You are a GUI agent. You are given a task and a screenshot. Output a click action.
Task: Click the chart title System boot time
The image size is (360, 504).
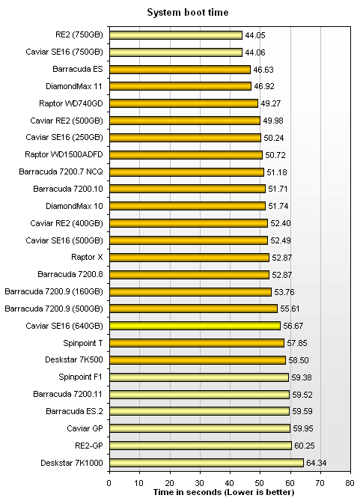click(x=188, y=13)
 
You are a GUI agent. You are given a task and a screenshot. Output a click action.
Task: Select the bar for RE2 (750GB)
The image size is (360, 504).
click(x=176, y=35)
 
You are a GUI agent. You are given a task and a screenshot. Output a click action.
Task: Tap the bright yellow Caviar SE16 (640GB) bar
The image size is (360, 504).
click(x=195, y=326)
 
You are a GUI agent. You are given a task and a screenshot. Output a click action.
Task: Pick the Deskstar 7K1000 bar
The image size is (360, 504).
click(x=207, y=463)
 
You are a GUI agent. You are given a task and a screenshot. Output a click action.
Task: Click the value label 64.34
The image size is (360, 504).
click(x=316, y=463)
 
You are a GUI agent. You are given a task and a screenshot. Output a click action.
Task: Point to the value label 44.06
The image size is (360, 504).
click(x=255, y=52)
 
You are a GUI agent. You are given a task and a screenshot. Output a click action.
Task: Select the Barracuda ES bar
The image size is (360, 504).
click(x=180, y=70)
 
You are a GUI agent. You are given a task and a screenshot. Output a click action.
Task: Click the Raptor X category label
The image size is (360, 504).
click(x=87, y=257)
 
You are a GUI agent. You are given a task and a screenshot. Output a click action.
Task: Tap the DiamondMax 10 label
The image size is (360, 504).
click(x=74, y=206)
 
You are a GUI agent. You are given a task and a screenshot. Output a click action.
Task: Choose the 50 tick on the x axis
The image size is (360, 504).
click(x=260, y=482)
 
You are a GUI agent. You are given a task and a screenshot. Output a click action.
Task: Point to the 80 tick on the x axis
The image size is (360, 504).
click(x=350, y=482)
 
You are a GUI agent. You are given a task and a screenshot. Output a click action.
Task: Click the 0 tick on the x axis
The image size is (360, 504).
click(x=109, y=482)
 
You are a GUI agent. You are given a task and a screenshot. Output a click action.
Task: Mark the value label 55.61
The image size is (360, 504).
click(x=290, y=309)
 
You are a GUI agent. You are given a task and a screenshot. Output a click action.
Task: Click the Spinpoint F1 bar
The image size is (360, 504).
click(x=199, y=377)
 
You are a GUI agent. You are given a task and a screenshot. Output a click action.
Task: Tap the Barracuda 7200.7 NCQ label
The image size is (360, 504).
click(x=61, y=171)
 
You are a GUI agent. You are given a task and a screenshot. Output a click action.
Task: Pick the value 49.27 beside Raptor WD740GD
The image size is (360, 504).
click(x=271, y=103)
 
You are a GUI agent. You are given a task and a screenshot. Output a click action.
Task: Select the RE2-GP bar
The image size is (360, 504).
click(x=201, y=446)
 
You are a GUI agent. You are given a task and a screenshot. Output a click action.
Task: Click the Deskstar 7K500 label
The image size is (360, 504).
click(x=74, y=359)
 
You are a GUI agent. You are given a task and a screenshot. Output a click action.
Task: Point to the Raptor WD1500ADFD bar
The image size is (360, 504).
click(x=186, y=155)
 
